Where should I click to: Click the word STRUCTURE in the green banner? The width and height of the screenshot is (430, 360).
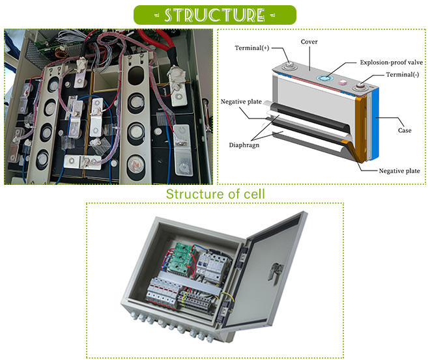214,15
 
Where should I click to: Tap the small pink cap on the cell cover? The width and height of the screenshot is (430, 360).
341,81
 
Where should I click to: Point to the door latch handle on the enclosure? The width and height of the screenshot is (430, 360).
277,266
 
